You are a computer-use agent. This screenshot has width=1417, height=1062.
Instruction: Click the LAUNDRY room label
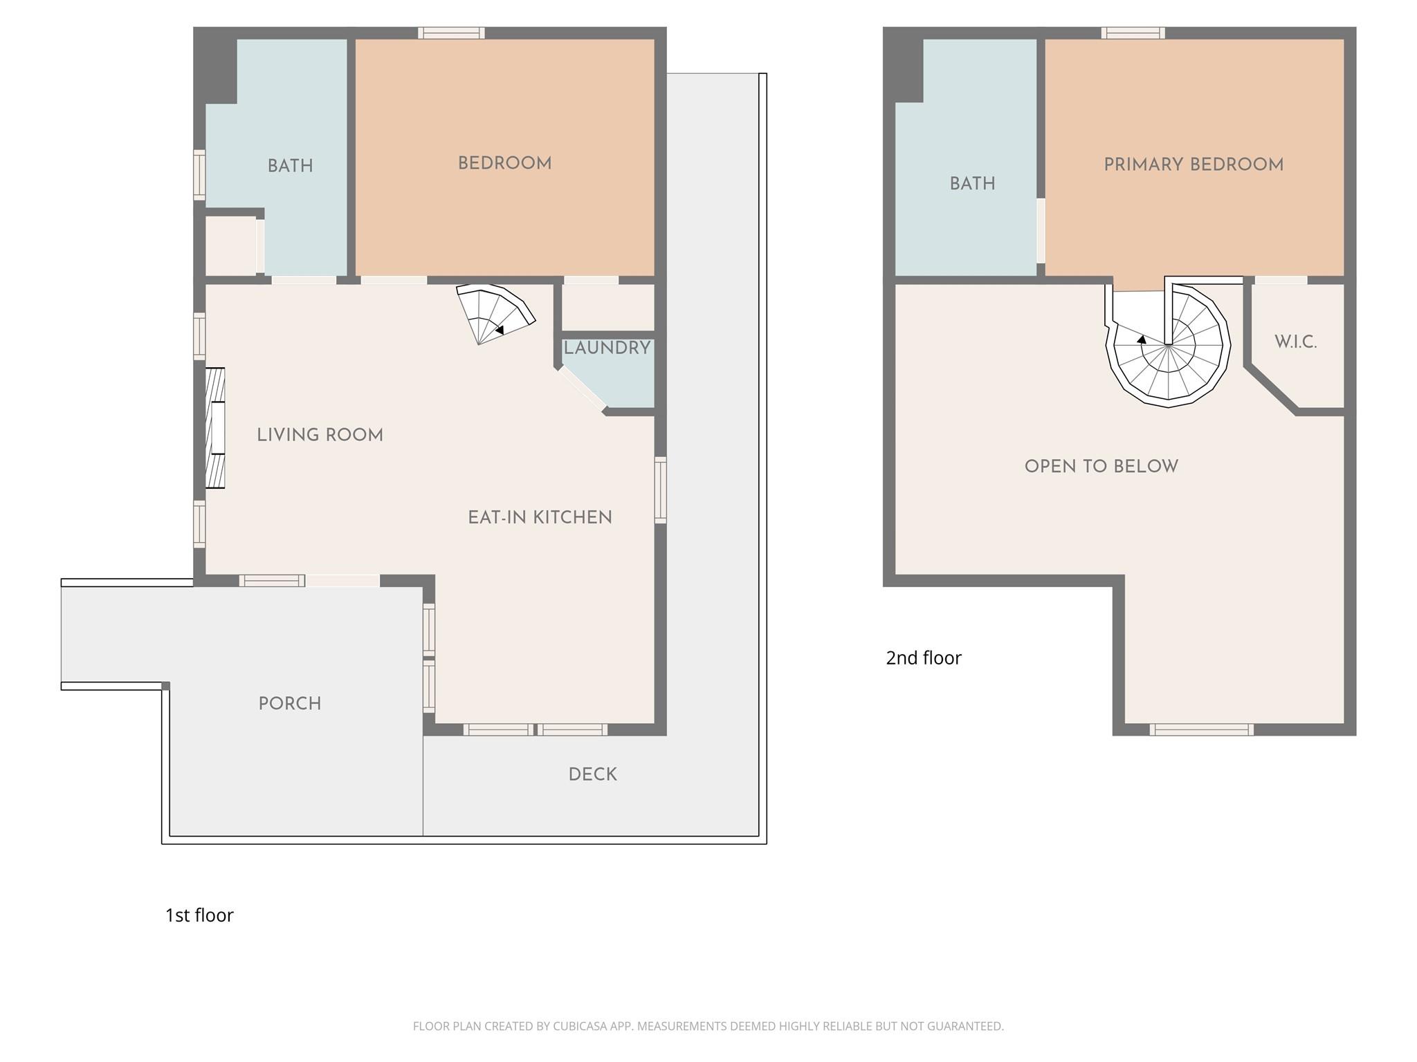point(607,348)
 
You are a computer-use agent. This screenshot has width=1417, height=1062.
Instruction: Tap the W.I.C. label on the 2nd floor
point(1295,342)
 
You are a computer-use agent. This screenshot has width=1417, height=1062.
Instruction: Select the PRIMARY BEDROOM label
point(1194,165)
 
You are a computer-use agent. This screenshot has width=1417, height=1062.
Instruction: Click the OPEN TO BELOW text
point(1101,466)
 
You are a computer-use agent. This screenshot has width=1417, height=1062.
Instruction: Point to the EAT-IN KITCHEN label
point(540,517)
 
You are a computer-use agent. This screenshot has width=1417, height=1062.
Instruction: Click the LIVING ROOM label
point(320,435)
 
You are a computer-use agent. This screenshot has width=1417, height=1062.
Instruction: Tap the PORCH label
point(289,703)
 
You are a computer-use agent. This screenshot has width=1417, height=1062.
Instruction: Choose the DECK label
point(592,774)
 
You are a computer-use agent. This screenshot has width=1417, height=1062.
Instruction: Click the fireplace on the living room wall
point(215,428)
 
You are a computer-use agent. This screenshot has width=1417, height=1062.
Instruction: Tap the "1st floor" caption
point(199,915)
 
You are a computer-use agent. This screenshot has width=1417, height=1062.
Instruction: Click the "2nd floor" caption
point(923,658)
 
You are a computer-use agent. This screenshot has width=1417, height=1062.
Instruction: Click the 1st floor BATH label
point(290,166)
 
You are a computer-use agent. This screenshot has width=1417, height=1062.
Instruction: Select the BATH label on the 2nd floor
point(972,183)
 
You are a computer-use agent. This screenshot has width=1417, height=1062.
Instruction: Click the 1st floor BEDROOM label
point(504,164)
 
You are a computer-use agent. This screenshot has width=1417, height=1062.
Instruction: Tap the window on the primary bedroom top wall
point(1133,32)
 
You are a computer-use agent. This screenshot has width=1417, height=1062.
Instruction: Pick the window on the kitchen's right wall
point(660,490)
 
